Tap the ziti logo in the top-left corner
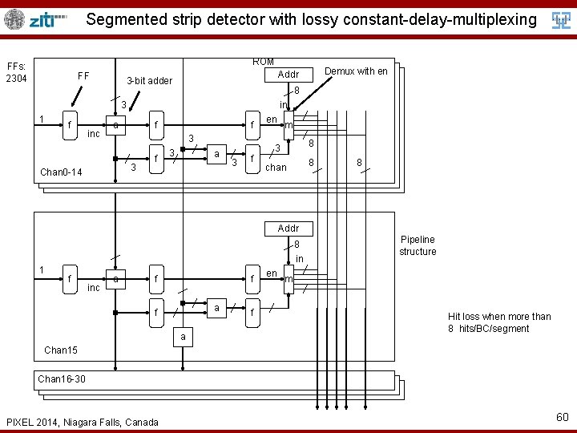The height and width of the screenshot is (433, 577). coord(35,19)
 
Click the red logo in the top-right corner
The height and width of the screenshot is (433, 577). coord(562,20)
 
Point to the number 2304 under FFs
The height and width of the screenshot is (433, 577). coord(16,79)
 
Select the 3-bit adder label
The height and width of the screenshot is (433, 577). coord(149,82)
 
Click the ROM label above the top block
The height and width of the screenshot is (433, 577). coord(263,62)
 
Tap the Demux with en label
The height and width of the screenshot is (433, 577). coord(356,71)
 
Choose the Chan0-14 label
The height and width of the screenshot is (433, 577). coord(61,172)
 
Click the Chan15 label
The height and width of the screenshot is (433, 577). coord(61,350)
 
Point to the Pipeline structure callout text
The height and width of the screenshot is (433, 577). coord(418,245)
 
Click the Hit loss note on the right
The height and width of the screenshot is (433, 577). coord(499,322)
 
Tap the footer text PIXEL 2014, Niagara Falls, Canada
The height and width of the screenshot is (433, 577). coord(82,422)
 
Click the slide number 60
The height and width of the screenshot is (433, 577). coord(561,416)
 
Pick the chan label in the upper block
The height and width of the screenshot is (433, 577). coord(276,168)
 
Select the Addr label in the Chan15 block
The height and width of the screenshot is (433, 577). coord(288,229)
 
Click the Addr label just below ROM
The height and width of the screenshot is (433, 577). coord(288,75)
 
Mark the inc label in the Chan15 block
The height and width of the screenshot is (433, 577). coord(93,287)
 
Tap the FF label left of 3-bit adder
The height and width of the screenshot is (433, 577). coord(83,76)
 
